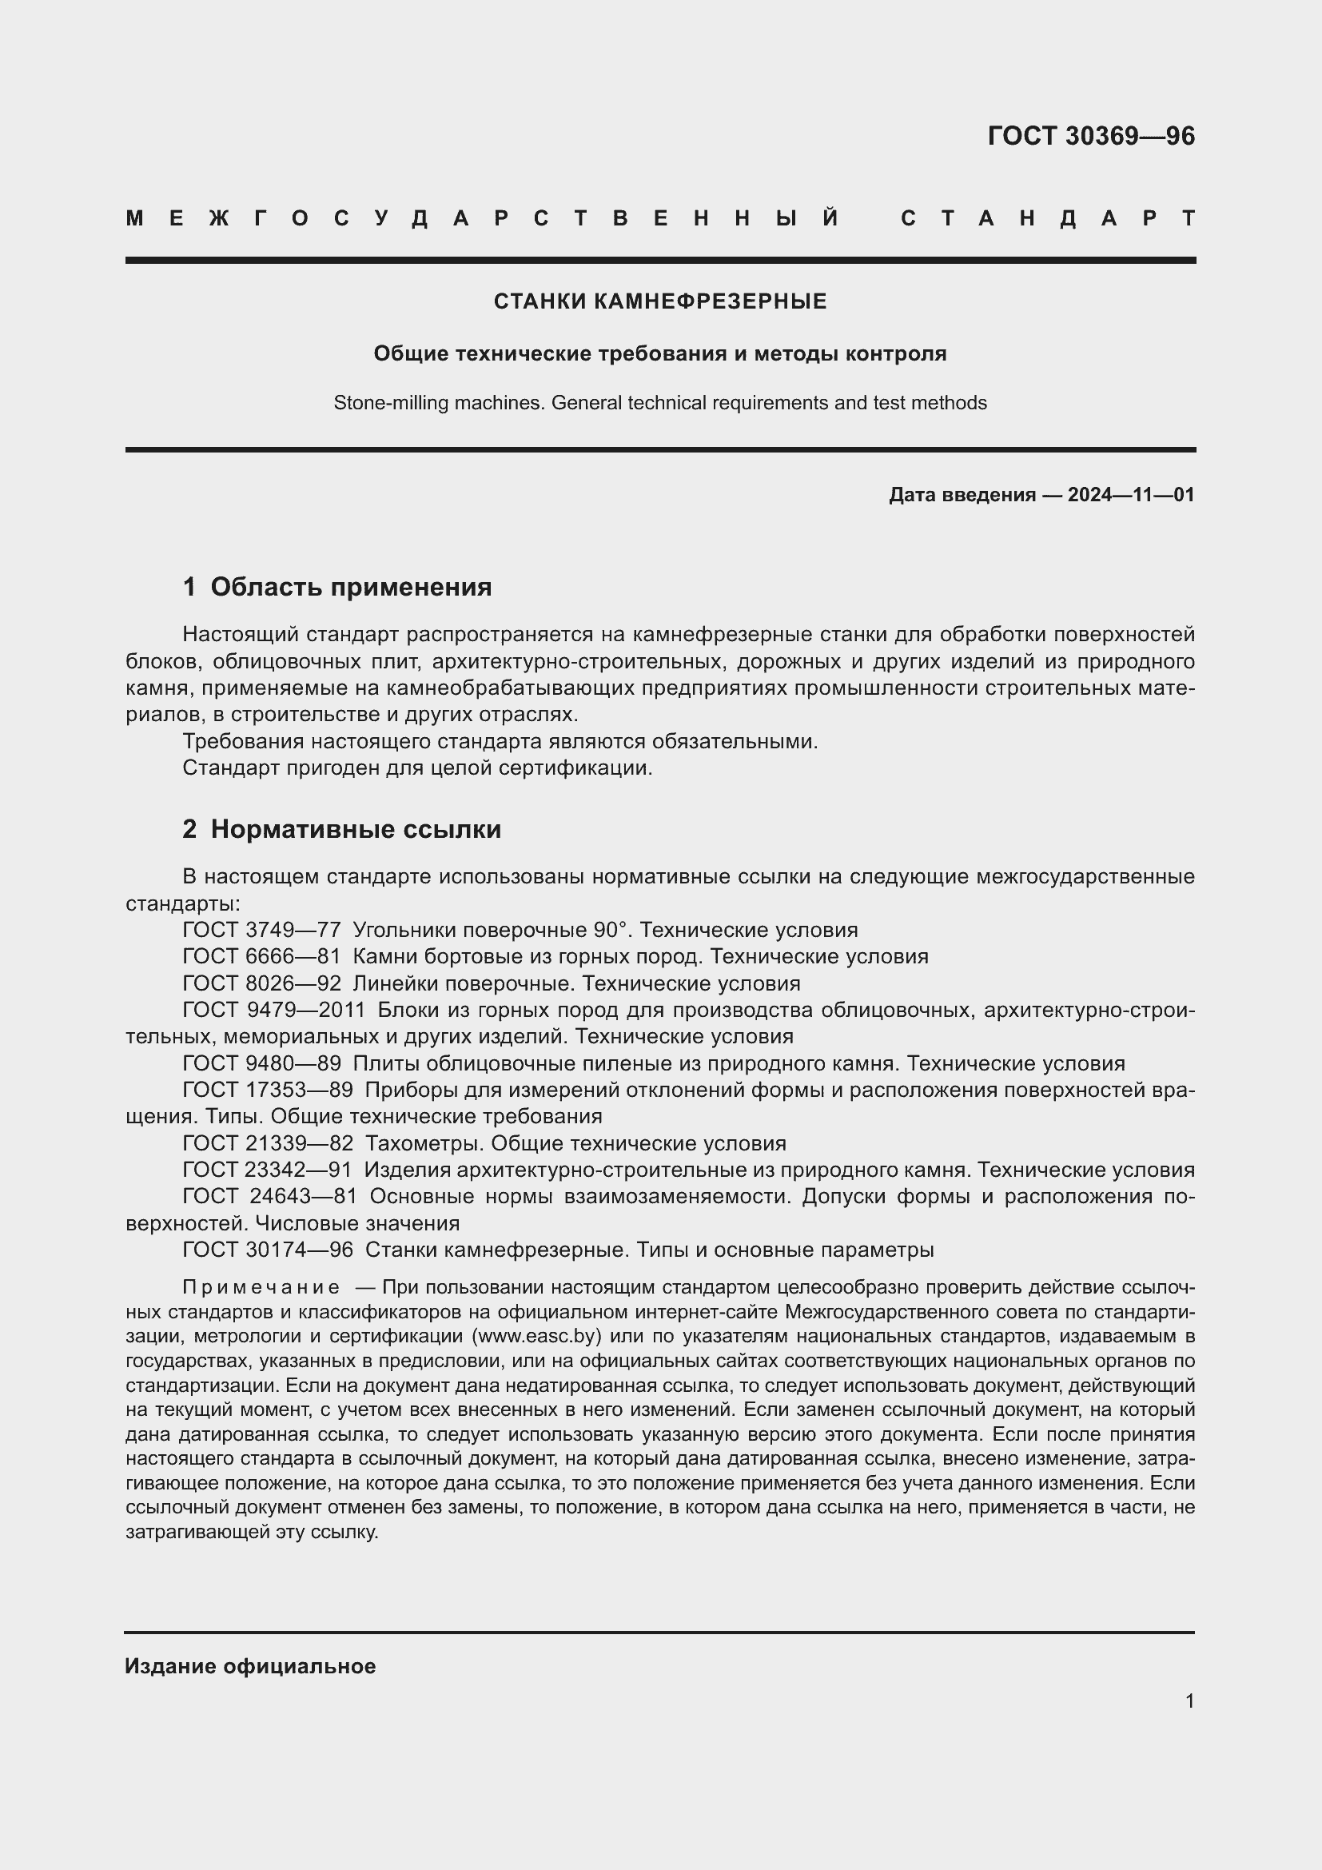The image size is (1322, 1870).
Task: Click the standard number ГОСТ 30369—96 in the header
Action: point(1091,136)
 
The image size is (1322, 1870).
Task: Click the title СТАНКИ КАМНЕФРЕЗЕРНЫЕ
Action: point(660,301)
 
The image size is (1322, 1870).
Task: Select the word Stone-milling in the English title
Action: point(386,403)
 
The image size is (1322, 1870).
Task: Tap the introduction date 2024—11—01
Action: point(1131,495)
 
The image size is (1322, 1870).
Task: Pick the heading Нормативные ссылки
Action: point(356,829)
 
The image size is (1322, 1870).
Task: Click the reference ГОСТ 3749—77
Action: point(261,930)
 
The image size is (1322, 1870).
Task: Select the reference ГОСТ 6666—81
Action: point(261,956)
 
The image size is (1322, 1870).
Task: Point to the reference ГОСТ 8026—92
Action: point(261,983)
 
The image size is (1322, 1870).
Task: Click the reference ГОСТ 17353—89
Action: point(267,1090)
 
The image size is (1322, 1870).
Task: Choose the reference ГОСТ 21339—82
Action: point(267,1143)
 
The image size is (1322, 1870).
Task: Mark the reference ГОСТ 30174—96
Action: point(267,1250)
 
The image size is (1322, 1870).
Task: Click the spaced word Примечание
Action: point(261,1287)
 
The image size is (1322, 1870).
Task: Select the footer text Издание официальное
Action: point(250,1666)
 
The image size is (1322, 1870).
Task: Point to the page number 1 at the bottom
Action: point(1189,1701)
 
